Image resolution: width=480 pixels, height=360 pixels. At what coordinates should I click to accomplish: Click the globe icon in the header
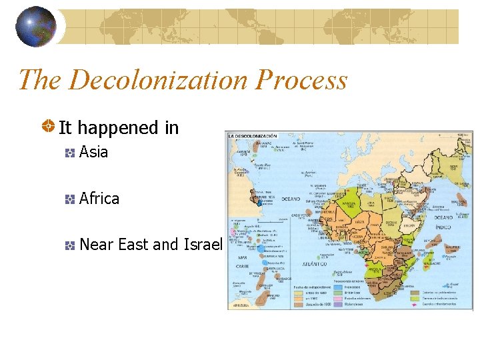36,27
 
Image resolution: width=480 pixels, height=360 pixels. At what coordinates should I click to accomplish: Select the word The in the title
40,80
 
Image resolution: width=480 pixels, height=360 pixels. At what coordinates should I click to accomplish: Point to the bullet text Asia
93,152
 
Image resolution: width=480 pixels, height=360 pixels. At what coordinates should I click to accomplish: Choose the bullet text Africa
99,199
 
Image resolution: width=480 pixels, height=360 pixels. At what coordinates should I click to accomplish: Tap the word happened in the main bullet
120,127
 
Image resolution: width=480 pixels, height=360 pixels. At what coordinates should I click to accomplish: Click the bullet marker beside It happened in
49,127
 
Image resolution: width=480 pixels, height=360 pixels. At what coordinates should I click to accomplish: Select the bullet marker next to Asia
69,153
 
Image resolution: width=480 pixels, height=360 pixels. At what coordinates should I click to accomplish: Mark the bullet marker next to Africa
69,199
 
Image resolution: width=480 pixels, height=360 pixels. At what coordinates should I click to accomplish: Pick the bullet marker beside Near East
69,245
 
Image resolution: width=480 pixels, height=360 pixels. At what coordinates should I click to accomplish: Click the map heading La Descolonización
254,137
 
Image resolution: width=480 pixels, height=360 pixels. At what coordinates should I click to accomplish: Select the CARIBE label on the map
241,265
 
